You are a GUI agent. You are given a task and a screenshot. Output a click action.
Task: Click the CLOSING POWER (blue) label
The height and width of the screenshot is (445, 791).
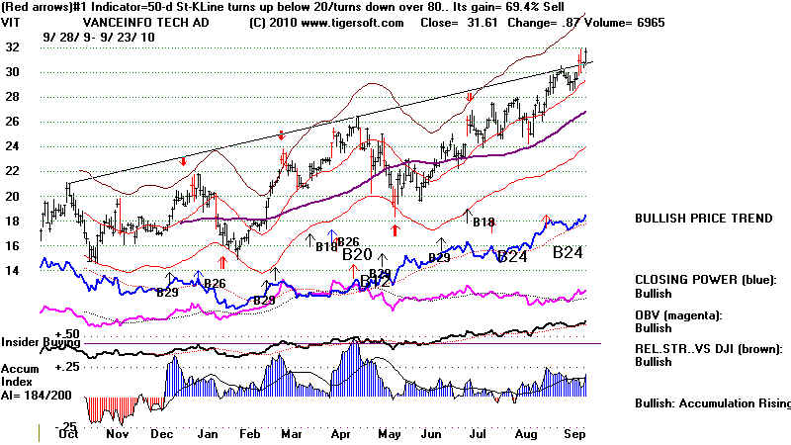(706, 280)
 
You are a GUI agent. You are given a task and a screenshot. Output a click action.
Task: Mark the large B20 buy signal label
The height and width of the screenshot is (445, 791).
(357, 254)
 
